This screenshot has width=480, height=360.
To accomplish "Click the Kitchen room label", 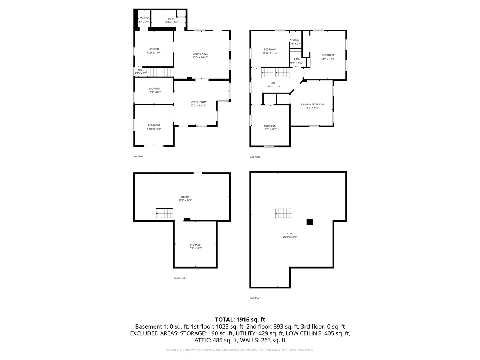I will (x=154, y=49).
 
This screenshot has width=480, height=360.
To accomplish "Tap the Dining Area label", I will (x=200, y=54).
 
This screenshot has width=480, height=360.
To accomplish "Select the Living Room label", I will (x=198, y=102).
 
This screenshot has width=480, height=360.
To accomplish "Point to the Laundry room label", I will (x=154, y=88).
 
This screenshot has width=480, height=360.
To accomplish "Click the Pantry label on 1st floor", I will (x=144, y=18).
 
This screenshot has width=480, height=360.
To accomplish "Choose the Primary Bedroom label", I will (x=312, y=104).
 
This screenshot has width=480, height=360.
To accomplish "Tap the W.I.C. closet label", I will (x=295, y=40).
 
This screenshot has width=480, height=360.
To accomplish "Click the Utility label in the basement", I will (x=185, y=197).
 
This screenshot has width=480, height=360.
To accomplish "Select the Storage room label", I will (x=195, y=245).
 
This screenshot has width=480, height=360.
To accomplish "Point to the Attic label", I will (x=290, y=234).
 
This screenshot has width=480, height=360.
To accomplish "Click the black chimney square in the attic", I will (x=310, y=222).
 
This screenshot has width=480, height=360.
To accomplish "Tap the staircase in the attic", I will (x=283, y=213).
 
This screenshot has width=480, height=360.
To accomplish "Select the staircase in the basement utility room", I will (x=165, y=213).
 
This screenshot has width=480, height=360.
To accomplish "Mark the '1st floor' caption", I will (x=138, y=156).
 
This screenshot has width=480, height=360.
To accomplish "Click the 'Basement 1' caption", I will (x=180, y=278).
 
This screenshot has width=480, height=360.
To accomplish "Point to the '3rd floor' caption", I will (x=255, y=298).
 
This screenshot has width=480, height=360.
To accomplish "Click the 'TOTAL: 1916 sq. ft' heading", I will (x=240, y=319).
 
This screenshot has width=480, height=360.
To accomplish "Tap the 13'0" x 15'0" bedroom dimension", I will (x=328, y=58).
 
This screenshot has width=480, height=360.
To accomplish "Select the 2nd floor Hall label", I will (x=274, y=83).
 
